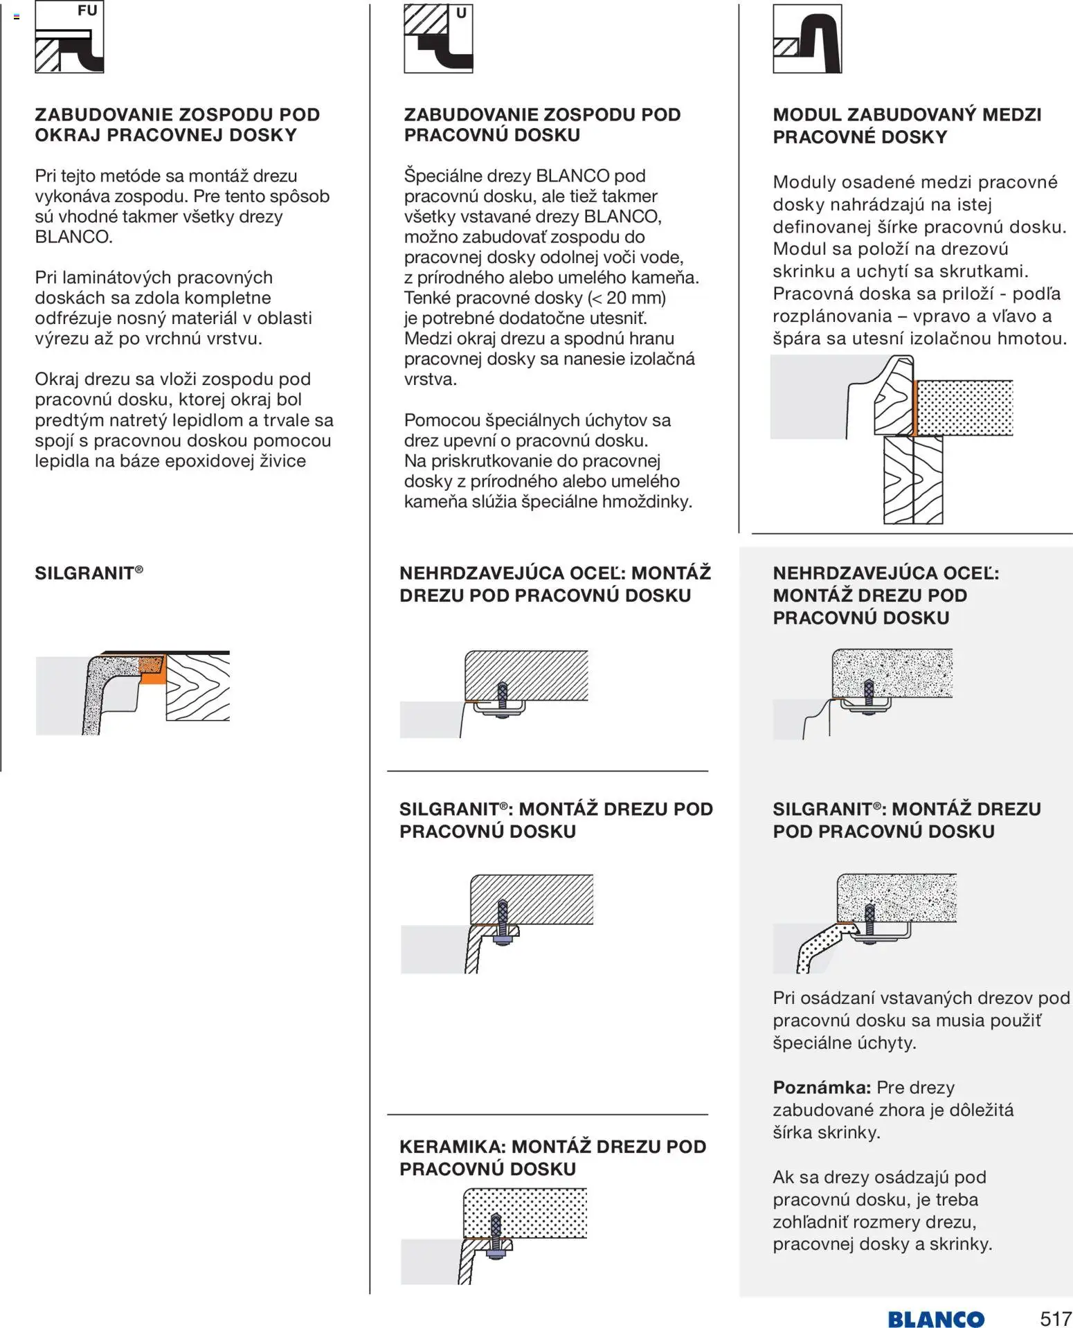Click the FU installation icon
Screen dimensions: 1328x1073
pos(69,38)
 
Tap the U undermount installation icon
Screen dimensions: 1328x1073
pos(438,39)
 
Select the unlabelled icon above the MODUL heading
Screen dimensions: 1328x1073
pos(807,39)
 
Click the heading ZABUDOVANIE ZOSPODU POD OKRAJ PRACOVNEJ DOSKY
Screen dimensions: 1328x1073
pos(177,125)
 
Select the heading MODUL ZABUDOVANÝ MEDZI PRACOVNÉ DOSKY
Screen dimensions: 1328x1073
pos(907,125)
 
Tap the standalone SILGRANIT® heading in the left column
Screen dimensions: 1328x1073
pos(89,573)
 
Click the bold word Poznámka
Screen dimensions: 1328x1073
pos(822,1087)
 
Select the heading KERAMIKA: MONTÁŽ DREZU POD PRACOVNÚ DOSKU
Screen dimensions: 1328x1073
pos(552,1157)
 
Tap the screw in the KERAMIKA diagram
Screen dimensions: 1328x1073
pos(496,1234)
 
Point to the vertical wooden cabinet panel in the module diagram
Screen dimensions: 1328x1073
pos(913,479)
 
